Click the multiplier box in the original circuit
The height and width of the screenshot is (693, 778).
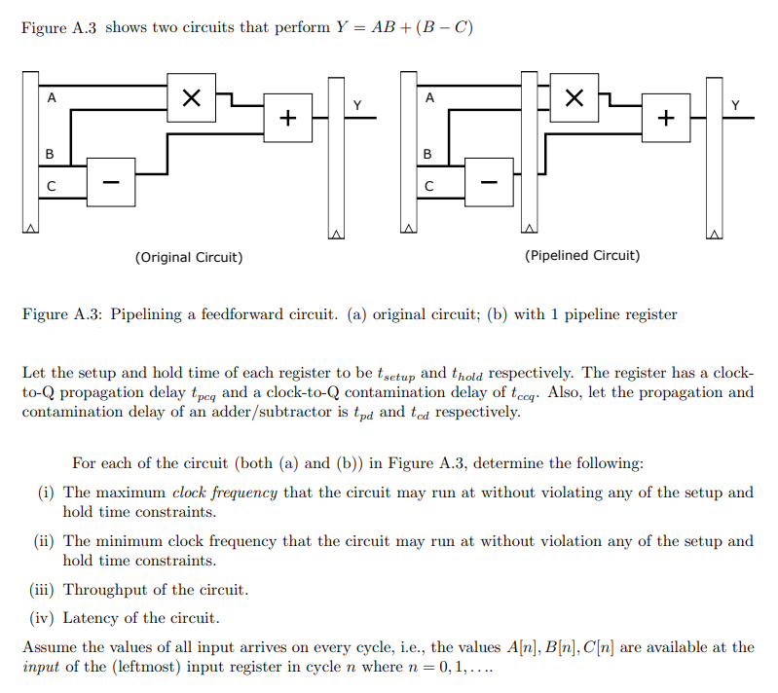tap(192, 97)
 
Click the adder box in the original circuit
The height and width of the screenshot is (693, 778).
tap(287, 118)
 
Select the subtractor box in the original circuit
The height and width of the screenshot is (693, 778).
tap(111, 181)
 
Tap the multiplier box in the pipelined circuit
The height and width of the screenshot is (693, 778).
tap(574, 97)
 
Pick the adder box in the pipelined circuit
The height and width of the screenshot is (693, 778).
tap(665, 118)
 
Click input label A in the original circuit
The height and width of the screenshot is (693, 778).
tap(52, 97)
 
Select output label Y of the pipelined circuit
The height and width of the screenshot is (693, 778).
tap(735, 104)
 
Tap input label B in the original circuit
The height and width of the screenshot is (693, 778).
tap(51, 155)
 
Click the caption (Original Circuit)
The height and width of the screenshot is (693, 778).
tap(189, 257)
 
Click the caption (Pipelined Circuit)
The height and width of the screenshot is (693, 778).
tap(582, 255)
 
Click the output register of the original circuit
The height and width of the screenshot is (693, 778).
tap(337, 155)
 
